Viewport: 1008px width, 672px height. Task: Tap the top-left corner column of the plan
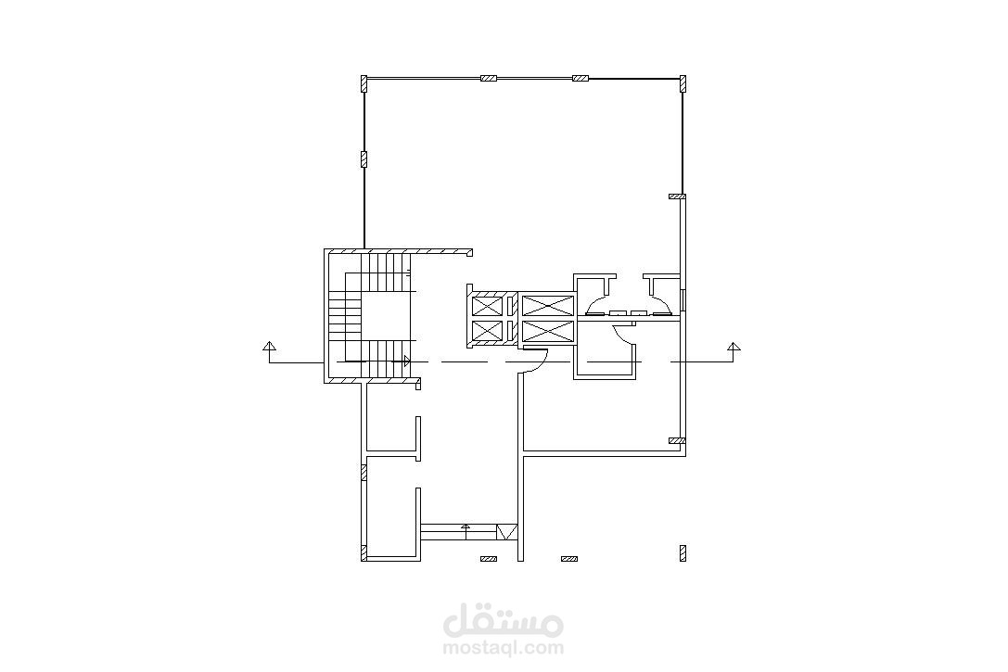[x=364, y=84]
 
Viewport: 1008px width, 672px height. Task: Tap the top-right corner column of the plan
[x=683, y=84]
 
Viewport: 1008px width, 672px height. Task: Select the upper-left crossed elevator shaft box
[x=487, y=305]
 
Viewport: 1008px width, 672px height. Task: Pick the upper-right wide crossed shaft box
[x=547, y=305]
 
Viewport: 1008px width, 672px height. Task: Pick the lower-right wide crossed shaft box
[x=547, y=332]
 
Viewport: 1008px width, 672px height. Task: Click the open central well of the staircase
[x=385, y=317]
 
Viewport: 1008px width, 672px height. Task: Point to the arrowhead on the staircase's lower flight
[x=406, y=361]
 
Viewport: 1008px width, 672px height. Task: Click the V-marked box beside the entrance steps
[x=506, y=533]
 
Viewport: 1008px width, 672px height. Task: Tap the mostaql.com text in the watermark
[x=504, y=647]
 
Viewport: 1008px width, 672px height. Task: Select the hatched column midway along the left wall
[x=364, y=159]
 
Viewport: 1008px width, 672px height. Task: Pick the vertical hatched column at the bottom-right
[x=683, y=553]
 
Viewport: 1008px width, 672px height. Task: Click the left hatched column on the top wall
[x=489, y=79]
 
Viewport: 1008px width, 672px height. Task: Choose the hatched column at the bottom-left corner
[x=364, y=553]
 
